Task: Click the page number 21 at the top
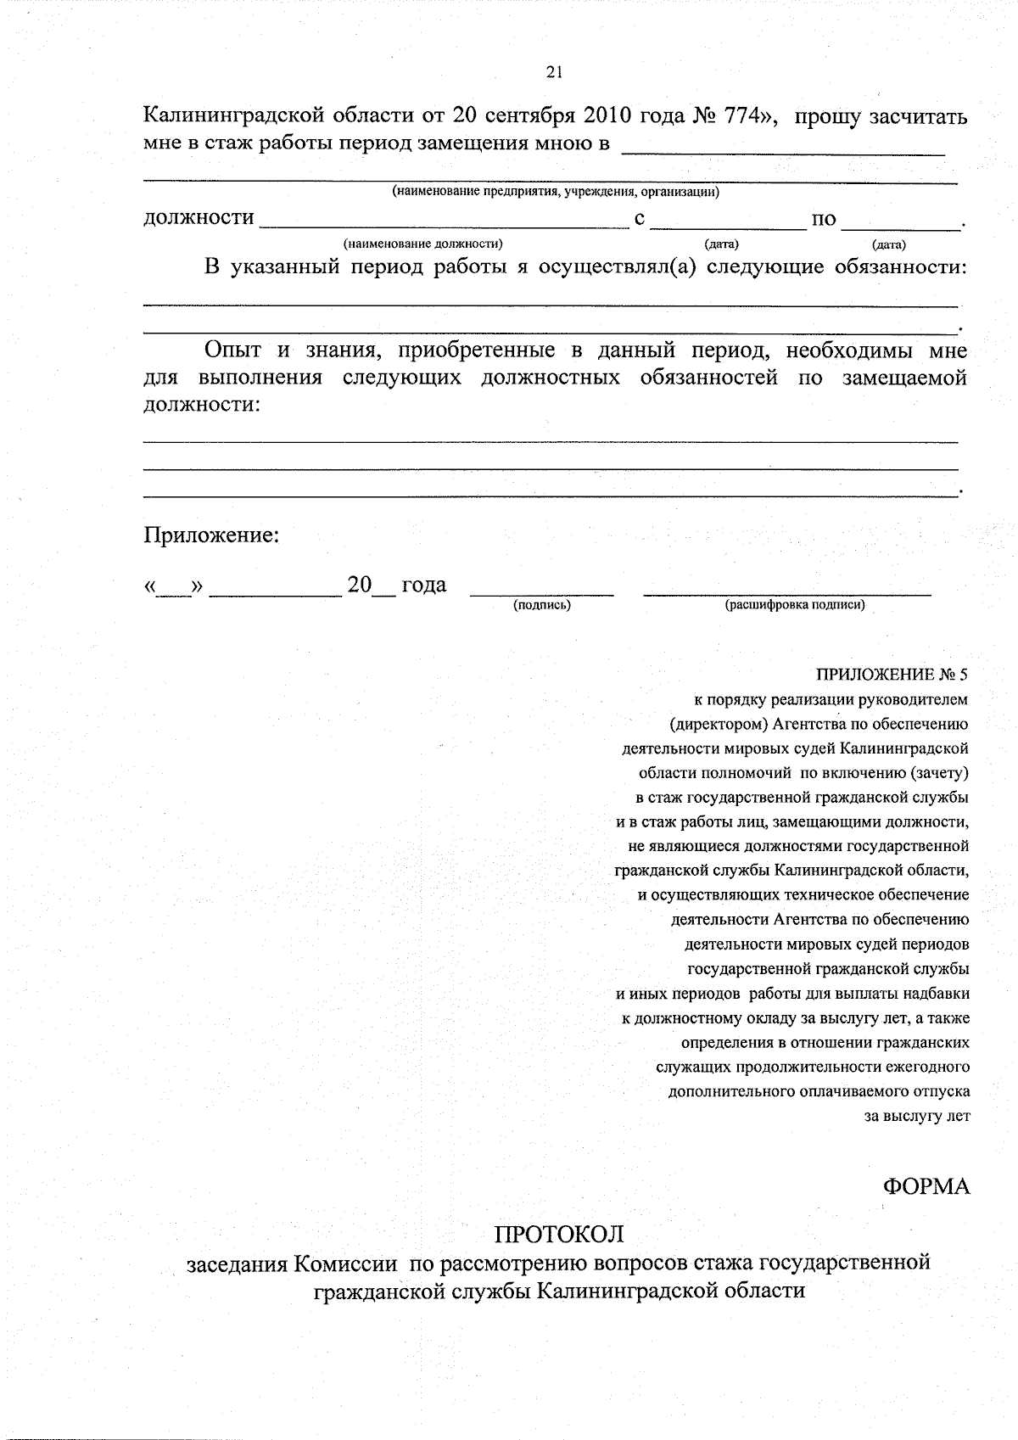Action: (x=555, y=73)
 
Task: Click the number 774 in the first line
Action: (x=743, y=115)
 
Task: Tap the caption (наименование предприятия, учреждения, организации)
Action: (x=555, y=192)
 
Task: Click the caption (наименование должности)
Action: (x=422, y=244)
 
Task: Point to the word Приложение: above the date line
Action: (x=211, y=535)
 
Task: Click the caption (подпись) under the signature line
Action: (x=541, y=605)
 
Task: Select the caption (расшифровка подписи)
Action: (x=794, y=605)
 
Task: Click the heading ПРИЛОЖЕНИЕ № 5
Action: (x=892, y=675)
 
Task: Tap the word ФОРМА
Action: (x=926, y=1186)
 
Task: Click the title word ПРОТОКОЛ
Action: (x=559, y=1233)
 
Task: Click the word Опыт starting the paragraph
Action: (x=232, y=350)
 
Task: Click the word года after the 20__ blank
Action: (x=423, y=585)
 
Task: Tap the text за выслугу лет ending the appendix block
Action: (x=916, y=1117)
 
